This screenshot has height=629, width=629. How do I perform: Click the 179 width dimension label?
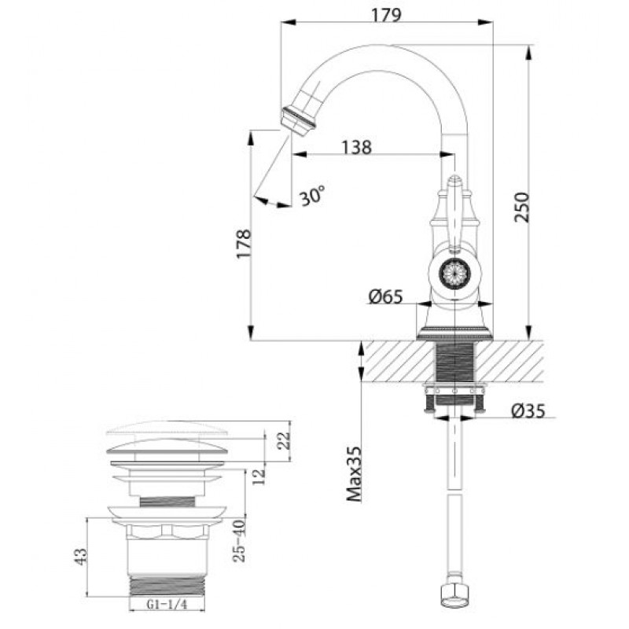pyautogui.click(x=386, y=15)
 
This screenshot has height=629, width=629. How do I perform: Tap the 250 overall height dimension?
pyautogui.click(x=522, y=207)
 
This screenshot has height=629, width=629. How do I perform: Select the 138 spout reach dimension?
pyautogui.click(x=356, y=147)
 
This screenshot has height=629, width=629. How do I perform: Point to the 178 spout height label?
pyautogui.click(x=244, y=244)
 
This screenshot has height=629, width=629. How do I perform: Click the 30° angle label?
pyautogui.click(x=312, y=195)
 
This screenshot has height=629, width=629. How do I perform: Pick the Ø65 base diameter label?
pyautogui.click(x=385, y=297)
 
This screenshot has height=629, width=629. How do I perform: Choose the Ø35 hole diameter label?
pyautogui.click(x=528, y=410)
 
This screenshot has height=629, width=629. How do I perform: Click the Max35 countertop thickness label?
pyautogui.click(x=355, y=474)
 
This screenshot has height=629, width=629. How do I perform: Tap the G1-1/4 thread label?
pyautogui.click(x=167, y=604)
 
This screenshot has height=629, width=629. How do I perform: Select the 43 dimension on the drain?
pyautogui.click(x=81, y=557)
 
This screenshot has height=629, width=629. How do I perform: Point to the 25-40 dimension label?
pyautogui.click(x=239, y=540)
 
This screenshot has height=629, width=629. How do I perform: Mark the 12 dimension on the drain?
pyautogui.click(x=259, y=476)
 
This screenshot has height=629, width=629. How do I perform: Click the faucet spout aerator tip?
pyautogui.click(x=297, y=121)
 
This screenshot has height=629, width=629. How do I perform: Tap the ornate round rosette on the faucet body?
pyautogui.click(x=454, y=274)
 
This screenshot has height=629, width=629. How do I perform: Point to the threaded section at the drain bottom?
pyautogui.click(x=167, y=586)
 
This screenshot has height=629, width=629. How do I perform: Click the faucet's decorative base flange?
pyautogui.click(x=454, y=333)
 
